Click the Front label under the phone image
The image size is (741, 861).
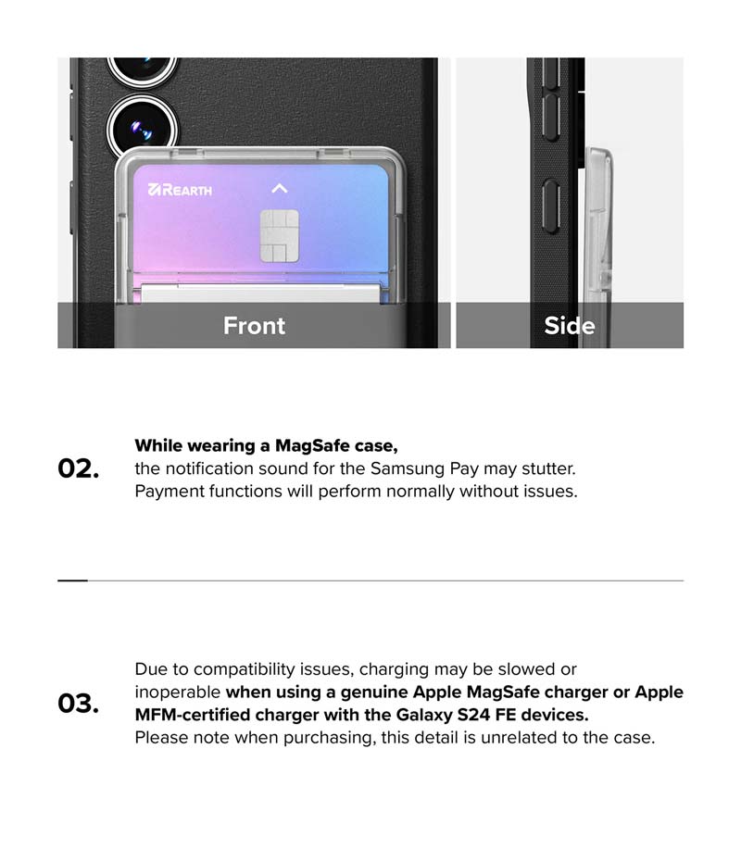254,326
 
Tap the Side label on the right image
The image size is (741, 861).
570,326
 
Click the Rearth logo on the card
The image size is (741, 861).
181,190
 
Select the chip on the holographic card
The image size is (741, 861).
279,235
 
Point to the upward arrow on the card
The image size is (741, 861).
280,188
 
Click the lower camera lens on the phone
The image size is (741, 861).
143,129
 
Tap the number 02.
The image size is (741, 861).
79,468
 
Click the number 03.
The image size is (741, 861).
79,704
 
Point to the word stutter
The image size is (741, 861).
548,469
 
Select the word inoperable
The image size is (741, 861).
178,692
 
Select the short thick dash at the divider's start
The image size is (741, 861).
72,580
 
